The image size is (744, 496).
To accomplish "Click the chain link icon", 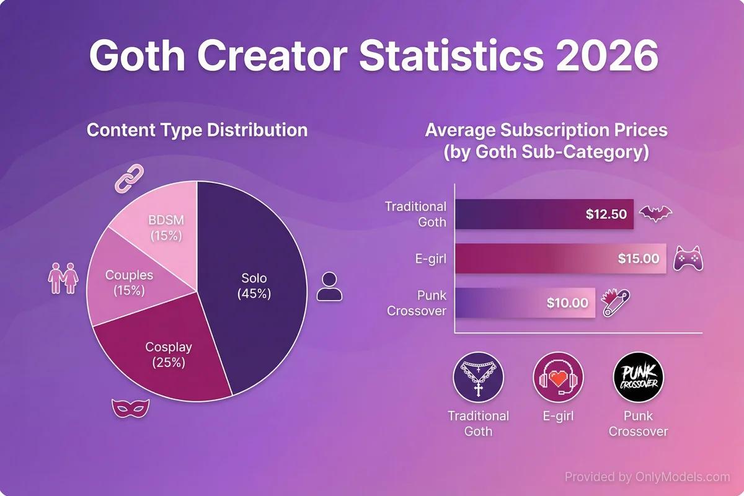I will [129, 179].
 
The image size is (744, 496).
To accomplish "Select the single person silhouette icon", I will [329, 286].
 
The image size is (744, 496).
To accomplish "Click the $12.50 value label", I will [606, 215].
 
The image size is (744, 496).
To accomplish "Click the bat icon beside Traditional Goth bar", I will [656, 215].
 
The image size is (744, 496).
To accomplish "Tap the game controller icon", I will [689, 259].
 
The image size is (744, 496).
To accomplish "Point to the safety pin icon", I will [618, 301].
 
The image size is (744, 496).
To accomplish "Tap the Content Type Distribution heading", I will [197, 130].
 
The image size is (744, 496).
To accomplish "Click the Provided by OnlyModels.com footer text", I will [647, 477].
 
